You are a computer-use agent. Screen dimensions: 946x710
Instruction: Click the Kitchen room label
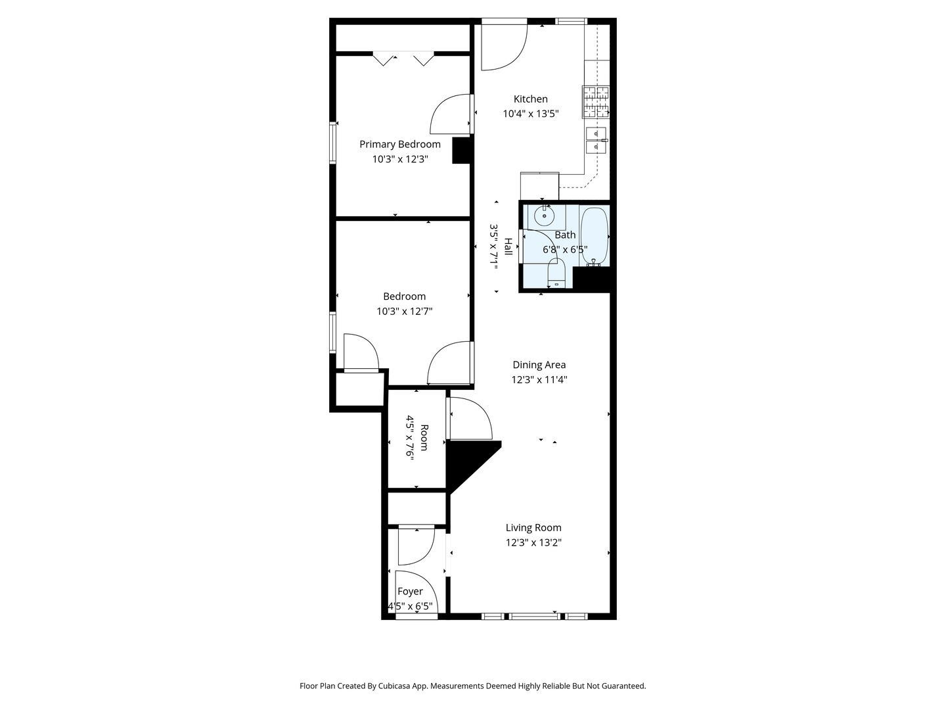[x=531, y=99]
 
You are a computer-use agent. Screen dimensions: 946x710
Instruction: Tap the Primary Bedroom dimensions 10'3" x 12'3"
[x=400, y=159]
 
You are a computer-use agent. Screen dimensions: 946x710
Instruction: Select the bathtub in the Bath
[x=595, y=236]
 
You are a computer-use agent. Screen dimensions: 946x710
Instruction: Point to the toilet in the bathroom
[x=556, y=273]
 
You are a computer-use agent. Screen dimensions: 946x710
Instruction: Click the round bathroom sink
[x=544, y=216]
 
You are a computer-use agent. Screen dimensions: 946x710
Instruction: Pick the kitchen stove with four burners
[x=596, y=102]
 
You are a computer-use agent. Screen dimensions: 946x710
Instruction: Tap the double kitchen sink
[x=596, y=141]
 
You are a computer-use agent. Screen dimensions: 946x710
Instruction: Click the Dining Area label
[x=539, y=365]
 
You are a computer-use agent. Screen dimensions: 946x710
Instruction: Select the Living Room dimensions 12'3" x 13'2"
[x=533, y=542]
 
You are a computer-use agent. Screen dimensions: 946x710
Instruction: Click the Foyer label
[x=410, y=592]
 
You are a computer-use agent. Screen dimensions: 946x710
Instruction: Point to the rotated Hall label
[x=508, y=247]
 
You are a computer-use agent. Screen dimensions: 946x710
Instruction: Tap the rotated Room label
[x=424, y=438]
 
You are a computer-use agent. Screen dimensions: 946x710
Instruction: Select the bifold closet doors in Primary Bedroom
[x=403, y=59]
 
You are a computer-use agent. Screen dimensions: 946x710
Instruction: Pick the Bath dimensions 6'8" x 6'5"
[x=564, y=250]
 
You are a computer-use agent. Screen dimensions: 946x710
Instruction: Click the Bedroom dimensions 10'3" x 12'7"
[x=404, y=311]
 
